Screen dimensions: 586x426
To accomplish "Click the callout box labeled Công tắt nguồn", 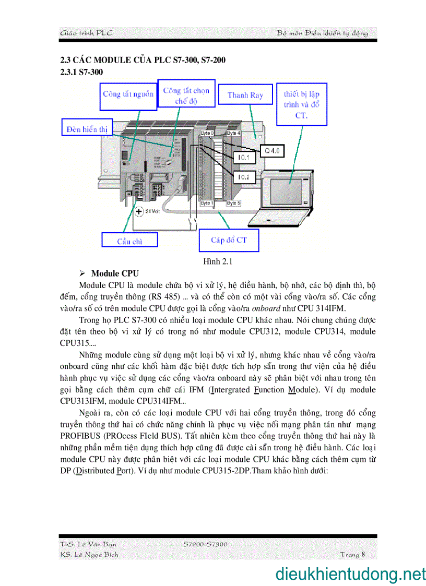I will tap(128, 94).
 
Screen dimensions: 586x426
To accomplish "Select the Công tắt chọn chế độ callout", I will tap(186, 95).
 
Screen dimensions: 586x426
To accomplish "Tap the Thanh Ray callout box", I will tap(245, 95).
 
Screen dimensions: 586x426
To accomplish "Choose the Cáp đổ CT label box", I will tap(229, 240).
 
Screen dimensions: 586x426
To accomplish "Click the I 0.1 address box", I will tap(244, 157).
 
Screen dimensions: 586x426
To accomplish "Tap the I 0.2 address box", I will tap(244, 177).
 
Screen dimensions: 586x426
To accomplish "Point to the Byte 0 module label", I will tap(207, 134).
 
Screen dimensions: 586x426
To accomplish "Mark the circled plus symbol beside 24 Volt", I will tap(139, 212).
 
